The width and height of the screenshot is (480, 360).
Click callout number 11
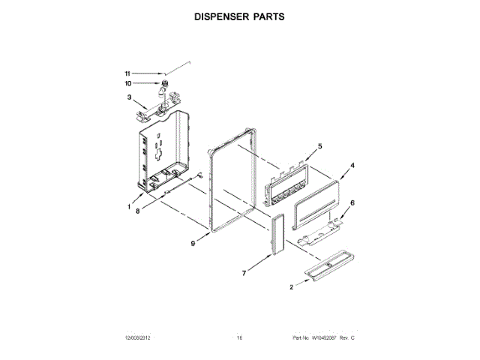(x=127, y=73)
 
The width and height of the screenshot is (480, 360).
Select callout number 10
(x=127, y=83)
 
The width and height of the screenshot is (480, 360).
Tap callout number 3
(x=129, y=97)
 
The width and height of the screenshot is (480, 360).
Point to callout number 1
(x=129, y=207)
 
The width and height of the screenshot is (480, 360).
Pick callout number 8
(x=137, y=211)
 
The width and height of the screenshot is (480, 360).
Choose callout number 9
(x=193, y=244)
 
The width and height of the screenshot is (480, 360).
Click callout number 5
(x=319, y=146)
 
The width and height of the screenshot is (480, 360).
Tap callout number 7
(x=244, y=275)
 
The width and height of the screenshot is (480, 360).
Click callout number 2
(x=291, y=286)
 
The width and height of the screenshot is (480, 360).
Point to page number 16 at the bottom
(x=239, y=338)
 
